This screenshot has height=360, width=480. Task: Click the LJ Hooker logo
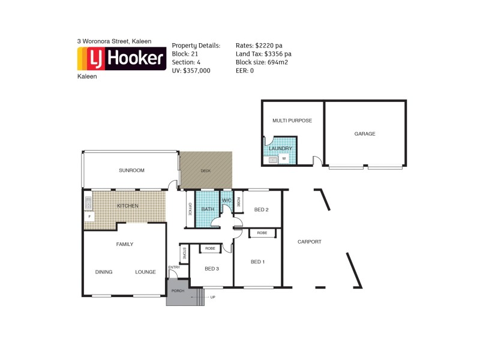click(x=122, y=59)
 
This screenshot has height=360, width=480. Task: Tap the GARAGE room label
click(x=364, y=134)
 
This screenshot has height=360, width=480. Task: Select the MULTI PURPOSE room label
click(x=292, y=121)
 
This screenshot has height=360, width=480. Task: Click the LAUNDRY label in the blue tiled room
click(x=280, y=148)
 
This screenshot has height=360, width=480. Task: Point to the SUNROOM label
click(x=131, y=170)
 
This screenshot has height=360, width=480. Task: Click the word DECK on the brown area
click(x=206, y=171)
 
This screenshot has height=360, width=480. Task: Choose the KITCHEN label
click(x=127, y=206)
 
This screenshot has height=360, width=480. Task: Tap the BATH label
click(x=208, y=209)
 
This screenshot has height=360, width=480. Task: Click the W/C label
click(x=227, y=200)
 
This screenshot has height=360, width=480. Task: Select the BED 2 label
click(x=261, y=209)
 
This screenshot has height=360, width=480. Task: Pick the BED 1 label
click(x=257, y=262)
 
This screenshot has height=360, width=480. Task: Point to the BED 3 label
click(x=211, y=268)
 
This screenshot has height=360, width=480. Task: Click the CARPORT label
click(x=310, y=242)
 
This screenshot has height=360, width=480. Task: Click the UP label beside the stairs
click(x=213, y=296)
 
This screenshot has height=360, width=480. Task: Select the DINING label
click(x=104, y=272)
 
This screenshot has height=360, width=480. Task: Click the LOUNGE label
click(x=145, y=272)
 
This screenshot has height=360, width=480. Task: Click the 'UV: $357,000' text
click(x=191, y=70)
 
